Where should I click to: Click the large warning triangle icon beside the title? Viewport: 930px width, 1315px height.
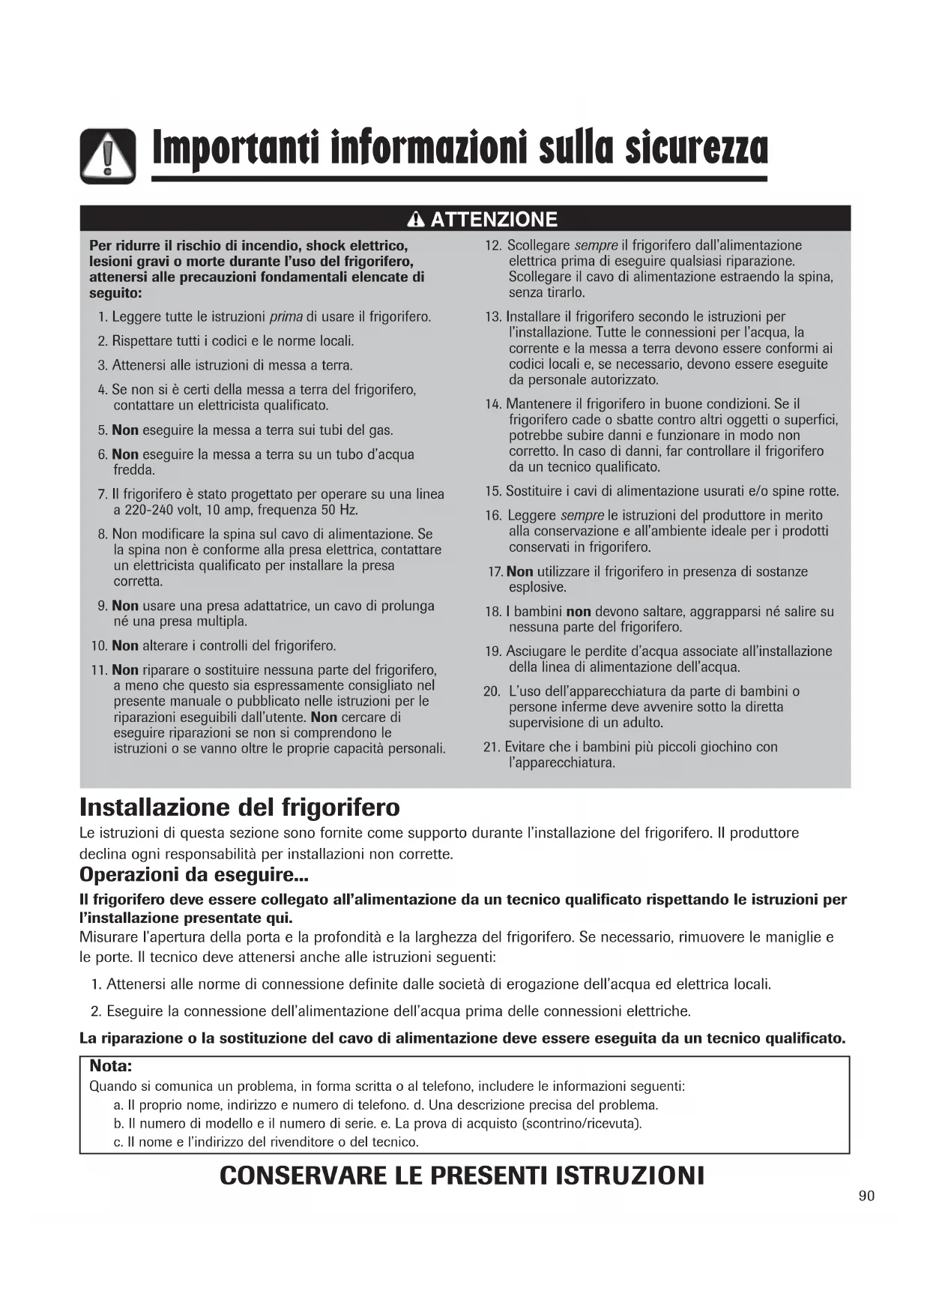click(x=109, y=156)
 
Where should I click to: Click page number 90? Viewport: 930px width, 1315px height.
click(x=866, y=1196)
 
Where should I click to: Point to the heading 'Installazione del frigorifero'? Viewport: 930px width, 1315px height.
click(x=240, y=807)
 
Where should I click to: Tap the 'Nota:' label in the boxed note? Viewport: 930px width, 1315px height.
click(x=111, y=1066)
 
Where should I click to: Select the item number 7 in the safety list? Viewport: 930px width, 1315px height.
click(x=103, y=495)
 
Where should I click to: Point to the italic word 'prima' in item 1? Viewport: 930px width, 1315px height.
click(x=286, y=317)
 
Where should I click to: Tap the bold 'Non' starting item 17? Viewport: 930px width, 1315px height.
click(x=520, y=572)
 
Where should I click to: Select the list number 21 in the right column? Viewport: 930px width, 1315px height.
click(x=492, y=747)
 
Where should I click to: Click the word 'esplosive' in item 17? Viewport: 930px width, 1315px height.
click(x=537, y=588)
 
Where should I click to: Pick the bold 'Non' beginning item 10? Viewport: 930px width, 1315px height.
click(x=125, y=646)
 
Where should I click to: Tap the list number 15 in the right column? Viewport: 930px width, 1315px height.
click(x=492, y=492)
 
